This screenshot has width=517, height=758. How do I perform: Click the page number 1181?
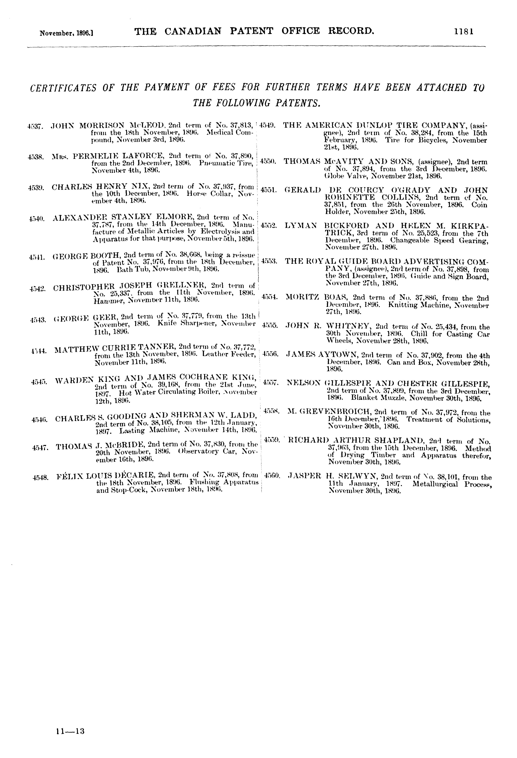pos(463,31)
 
